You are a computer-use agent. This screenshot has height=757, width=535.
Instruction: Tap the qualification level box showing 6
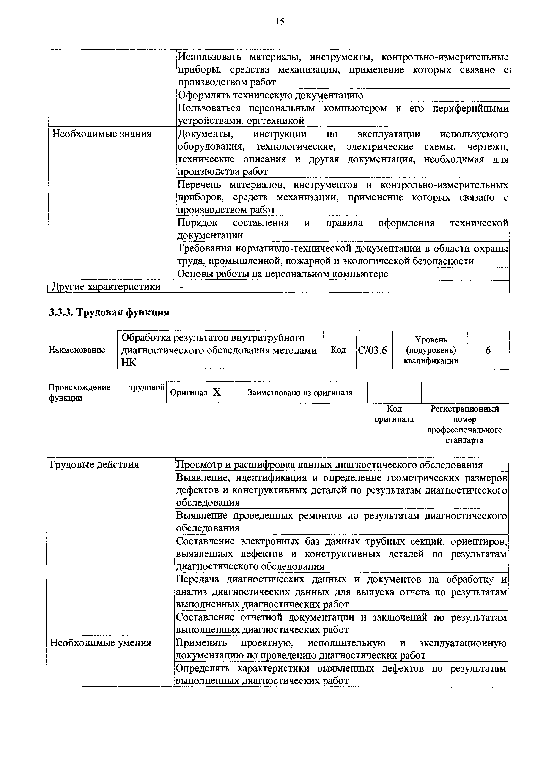tap(488, 350)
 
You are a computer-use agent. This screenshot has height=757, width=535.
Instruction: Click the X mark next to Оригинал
tap(217, 392)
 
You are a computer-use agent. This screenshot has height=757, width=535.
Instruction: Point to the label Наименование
tap(77, 350)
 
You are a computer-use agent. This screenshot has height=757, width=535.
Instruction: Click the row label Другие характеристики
tap(106, 287)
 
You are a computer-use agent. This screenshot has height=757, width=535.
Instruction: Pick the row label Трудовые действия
tap(94, 465)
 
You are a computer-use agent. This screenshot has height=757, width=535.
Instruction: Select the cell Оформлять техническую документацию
tap(270, 95)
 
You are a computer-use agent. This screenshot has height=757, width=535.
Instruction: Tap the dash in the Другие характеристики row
tap(181, 287)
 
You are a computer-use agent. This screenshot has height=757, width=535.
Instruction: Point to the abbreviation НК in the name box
tap(129, 362)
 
